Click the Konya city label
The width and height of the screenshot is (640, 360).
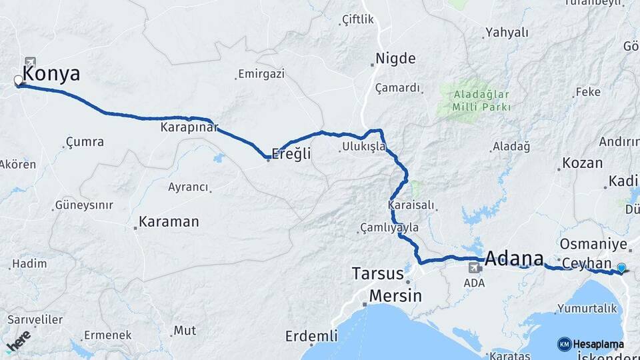[51, 73]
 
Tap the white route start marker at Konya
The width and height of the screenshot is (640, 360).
[19, 81]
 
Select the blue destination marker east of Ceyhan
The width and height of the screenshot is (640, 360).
[621, 268]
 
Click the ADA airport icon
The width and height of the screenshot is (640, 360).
[474, 268]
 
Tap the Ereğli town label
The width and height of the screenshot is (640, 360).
[291, 154]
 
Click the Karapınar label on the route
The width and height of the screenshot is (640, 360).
[189, 127]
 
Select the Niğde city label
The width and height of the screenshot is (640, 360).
[395, 58]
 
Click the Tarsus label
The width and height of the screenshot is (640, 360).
[377, 273]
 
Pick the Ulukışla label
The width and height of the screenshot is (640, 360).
[363, 147]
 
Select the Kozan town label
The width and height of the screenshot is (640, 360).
[582, 163]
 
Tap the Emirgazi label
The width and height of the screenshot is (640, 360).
[261, 73]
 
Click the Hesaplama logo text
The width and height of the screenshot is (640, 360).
[597, 344]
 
